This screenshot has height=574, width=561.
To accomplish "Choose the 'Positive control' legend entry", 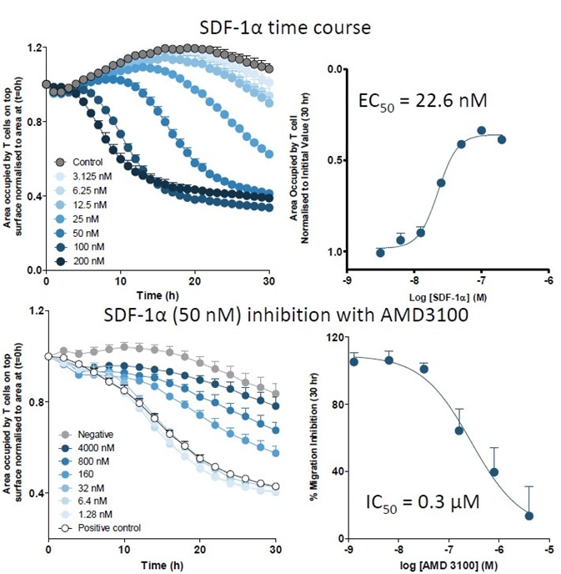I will click(x=105, y=527).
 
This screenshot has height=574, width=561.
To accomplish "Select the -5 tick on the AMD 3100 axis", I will click(x=547, y=546).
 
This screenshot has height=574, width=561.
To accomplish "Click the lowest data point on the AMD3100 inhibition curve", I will click(x=528, y=516).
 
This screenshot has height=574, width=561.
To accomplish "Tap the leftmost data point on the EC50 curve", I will click(x=380, y=252).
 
